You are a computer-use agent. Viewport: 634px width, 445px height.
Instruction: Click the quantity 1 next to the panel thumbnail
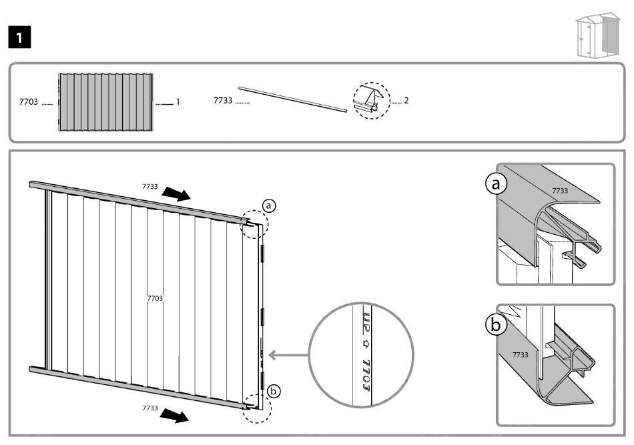pyautogui.click(x=178, y=103)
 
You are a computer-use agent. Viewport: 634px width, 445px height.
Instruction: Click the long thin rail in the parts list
pyautogui.click(x=293, y=98)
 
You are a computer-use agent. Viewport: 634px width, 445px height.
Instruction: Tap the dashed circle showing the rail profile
pyautogui.click(x=370, y=101)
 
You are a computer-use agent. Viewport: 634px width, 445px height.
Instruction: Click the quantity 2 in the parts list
pyautogui.click(x=406, y=101)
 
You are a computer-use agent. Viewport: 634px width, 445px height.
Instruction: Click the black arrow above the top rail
pyautogui.click(x=178, y=193)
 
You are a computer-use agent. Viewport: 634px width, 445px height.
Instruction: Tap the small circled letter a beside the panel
pyautogui.click(x=268, y=206)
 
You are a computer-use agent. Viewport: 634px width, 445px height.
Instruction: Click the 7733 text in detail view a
pyautogui.click(x=560, y=191)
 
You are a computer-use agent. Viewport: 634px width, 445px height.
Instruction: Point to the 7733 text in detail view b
pyautogui.click(x=520, y=354)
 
